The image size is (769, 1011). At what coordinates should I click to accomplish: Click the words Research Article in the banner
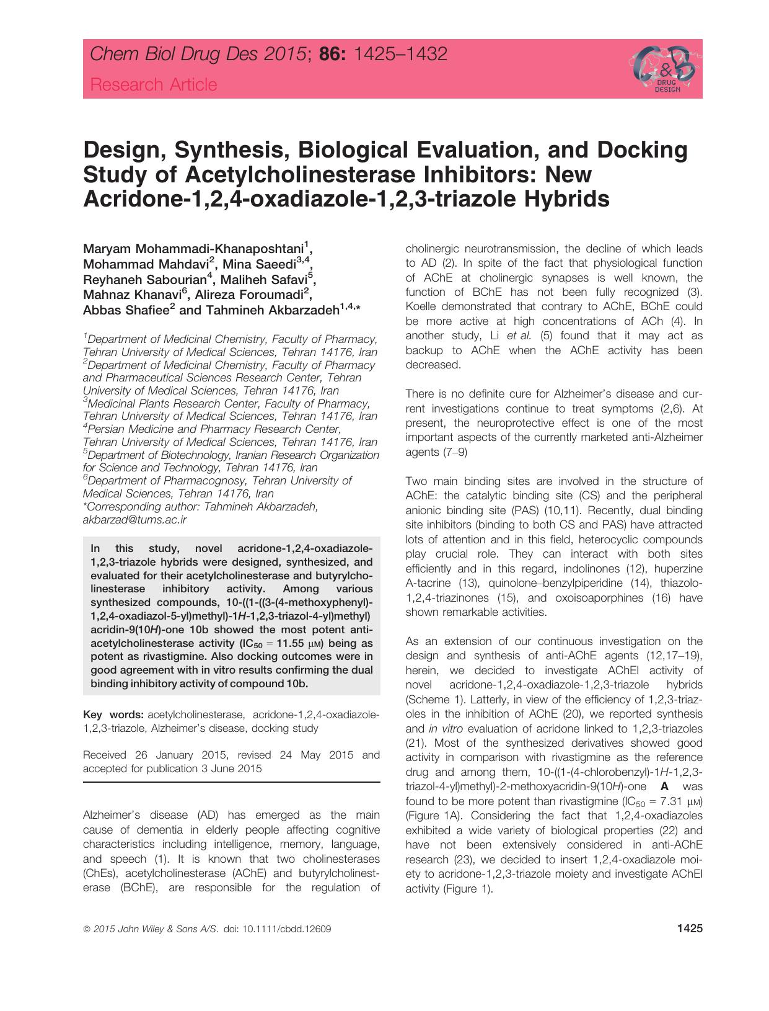click(154, 84)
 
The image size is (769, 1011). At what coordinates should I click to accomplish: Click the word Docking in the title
click(640, 150)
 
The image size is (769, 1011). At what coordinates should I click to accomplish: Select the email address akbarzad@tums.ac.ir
click(134, 520)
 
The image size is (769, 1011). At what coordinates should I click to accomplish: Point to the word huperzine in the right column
click(677, 568)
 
